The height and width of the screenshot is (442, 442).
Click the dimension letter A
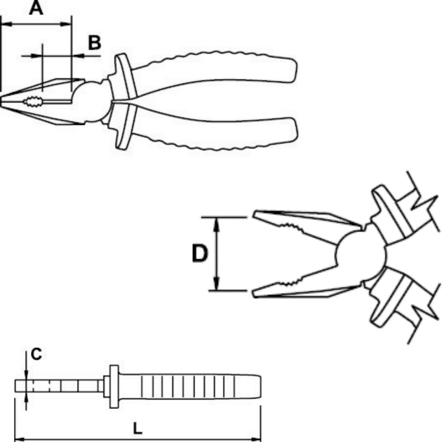pos(36,8)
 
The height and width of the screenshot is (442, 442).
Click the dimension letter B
pos(94,43)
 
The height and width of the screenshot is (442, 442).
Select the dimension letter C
pos(36,354)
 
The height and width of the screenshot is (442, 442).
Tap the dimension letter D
pos(200,253)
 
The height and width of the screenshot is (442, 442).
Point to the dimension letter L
pos(137,429)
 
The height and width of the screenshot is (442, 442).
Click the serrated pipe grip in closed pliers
pos(34,102)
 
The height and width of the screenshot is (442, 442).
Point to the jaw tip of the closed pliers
pos(1,101)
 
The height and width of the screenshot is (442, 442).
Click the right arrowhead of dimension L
pos(256,439)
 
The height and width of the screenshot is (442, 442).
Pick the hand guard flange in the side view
pos(114,386)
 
